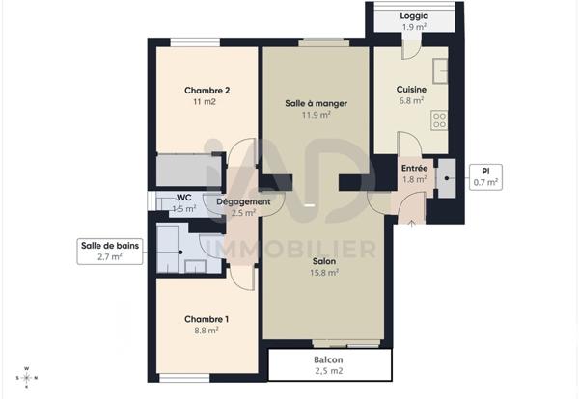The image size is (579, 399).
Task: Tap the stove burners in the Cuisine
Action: tap(440, 120)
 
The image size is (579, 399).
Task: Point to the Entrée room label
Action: tap(414, 168)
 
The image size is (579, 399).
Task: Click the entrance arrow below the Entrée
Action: tap(412, 225)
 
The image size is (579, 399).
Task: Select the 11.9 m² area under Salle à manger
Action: tap(316, 115)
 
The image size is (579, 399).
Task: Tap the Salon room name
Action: tap(324, 261)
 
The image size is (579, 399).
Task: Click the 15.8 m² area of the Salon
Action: tap(324, 273)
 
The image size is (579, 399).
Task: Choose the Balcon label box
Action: tap(329, 364)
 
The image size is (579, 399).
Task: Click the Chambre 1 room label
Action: tap(207, 318)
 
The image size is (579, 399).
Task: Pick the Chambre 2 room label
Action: tap(207, 91)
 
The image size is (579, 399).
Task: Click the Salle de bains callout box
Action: tap(109, 252)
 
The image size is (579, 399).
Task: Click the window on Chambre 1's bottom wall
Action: tap(184, 375)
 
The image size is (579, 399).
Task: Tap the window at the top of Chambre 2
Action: tap(182, 41)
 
